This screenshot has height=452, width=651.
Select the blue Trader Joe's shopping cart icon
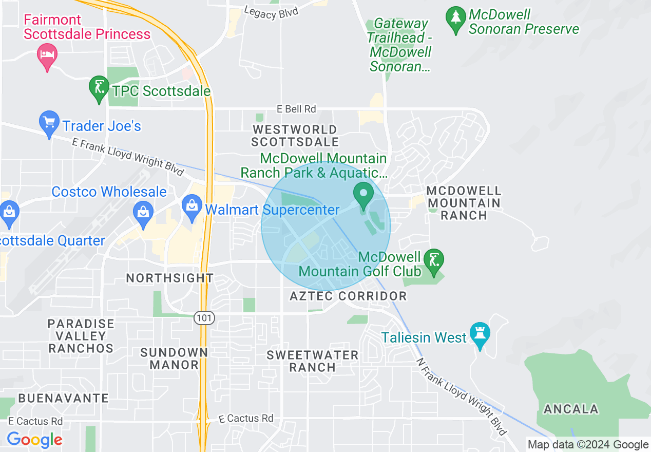click(x=49, y=123)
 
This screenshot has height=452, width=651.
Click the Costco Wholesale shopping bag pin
click(x=143, y=212)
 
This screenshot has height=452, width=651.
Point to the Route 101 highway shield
click(x=204, y=318)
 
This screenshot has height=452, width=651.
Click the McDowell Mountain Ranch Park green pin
click(x=364, y=195)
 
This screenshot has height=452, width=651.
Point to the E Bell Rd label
click(x=296, y=109)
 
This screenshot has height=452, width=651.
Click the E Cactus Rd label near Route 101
click(x=246, y=419)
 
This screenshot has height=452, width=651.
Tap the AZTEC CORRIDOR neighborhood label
click(x=348, y=296)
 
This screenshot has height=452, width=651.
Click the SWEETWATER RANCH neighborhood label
click(x=312, y=361)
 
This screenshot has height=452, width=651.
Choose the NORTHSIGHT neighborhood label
click(x=169, y=278)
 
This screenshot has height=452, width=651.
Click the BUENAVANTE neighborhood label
click(x=63, y=398)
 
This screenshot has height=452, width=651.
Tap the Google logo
click(x=34, y=440)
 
